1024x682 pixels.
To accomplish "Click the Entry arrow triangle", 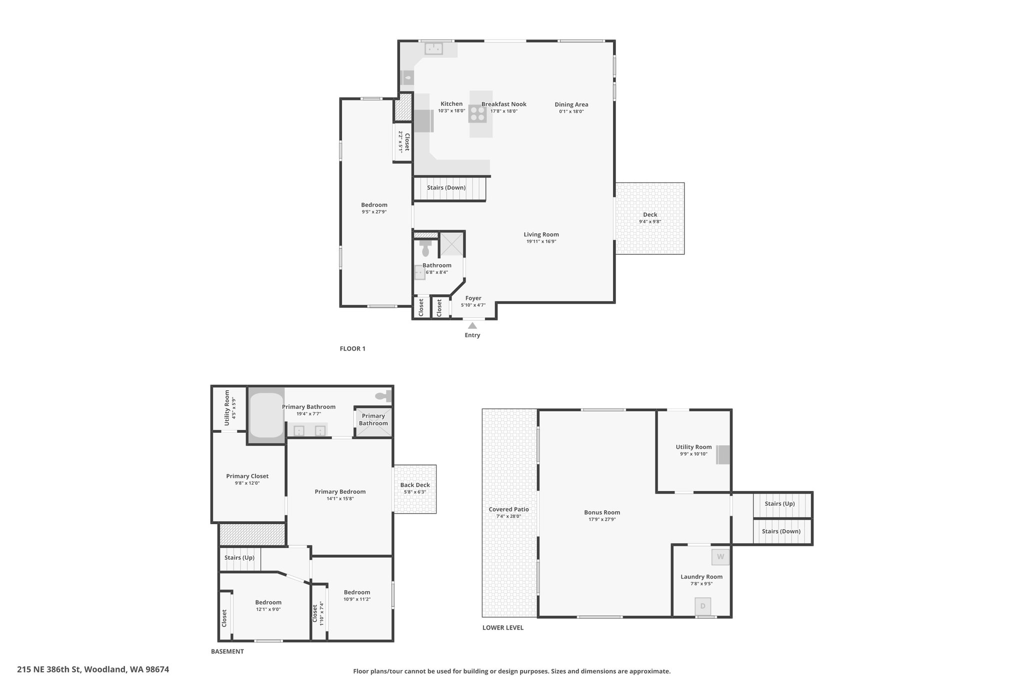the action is tap(472, 325).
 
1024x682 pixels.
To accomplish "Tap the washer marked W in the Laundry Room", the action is tap(720, 557).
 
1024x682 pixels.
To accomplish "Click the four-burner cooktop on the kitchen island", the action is tap(477, 114).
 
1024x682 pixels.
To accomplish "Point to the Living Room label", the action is tap(541, 234).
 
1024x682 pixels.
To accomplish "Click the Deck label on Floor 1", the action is tap(650, 215).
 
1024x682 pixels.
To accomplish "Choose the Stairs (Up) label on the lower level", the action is tap(779, 504).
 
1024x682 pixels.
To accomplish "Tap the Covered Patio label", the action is tap(508, 510).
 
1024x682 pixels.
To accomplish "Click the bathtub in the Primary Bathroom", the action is tap(266, 415).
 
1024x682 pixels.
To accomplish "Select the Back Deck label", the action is tap(415, 485).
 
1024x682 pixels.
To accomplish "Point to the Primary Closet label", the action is tap(247, 476).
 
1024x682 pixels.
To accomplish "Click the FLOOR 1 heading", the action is tap(352, 349).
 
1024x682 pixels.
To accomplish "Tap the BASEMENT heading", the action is tap(227, 652).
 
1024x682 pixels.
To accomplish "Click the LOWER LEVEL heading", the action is tap(503, 628).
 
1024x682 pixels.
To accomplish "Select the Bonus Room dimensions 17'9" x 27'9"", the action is tap(602, 519).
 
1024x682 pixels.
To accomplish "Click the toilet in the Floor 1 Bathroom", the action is tap(425, 248).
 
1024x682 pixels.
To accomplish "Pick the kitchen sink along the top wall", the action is tap(434, 48).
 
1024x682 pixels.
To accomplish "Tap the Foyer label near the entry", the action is tap(473, 298).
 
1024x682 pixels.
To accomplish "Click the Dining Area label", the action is tap(571, 104).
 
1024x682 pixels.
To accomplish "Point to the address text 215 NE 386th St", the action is tap(49, 669).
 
